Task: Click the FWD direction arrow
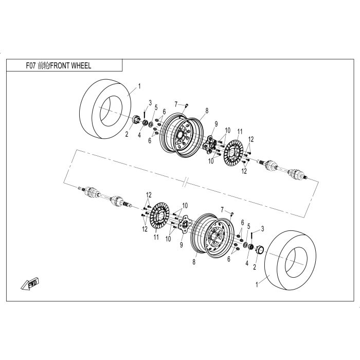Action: [30, 284]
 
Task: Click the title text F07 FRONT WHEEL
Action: [59, 66]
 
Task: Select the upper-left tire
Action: [105, 109]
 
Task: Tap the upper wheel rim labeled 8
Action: [182, 135]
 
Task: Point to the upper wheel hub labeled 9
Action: [210, 145]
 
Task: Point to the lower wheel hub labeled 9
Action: [185, 224]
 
